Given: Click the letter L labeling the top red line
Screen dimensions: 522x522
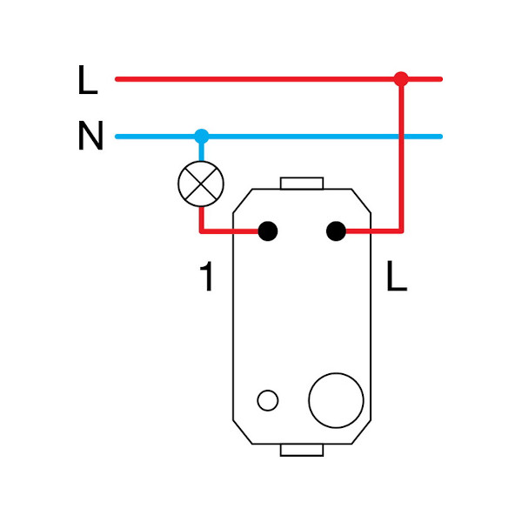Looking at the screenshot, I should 87,80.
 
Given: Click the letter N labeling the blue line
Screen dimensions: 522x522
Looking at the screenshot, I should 90,137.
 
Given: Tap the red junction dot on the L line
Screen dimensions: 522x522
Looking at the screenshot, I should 401,79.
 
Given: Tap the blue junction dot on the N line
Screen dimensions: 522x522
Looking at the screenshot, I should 202,137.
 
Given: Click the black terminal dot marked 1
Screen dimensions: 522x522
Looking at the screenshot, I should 268,231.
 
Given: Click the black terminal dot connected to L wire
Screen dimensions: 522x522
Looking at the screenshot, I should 336,231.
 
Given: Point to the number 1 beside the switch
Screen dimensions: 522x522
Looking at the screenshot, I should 206,278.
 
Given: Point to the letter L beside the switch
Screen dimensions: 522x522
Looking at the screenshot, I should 396,278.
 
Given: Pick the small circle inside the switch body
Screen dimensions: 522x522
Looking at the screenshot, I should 268,400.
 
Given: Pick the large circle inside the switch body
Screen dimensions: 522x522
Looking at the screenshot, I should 336,400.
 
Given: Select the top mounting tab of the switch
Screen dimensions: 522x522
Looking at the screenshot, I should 302,184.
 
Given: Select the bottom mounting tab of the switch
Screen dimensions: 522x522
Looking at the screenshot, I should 302,450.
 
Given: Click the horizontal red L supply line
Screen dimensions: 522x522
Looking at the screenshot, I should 261,79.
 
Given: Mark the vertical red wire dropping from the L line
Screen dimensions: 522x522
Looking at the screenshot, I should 401,157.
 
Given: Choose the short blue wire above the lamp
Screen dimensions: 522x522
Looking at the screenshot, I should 202,150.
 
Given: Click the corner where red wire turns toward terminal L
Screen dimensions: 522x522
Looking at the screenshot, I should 401,231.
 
